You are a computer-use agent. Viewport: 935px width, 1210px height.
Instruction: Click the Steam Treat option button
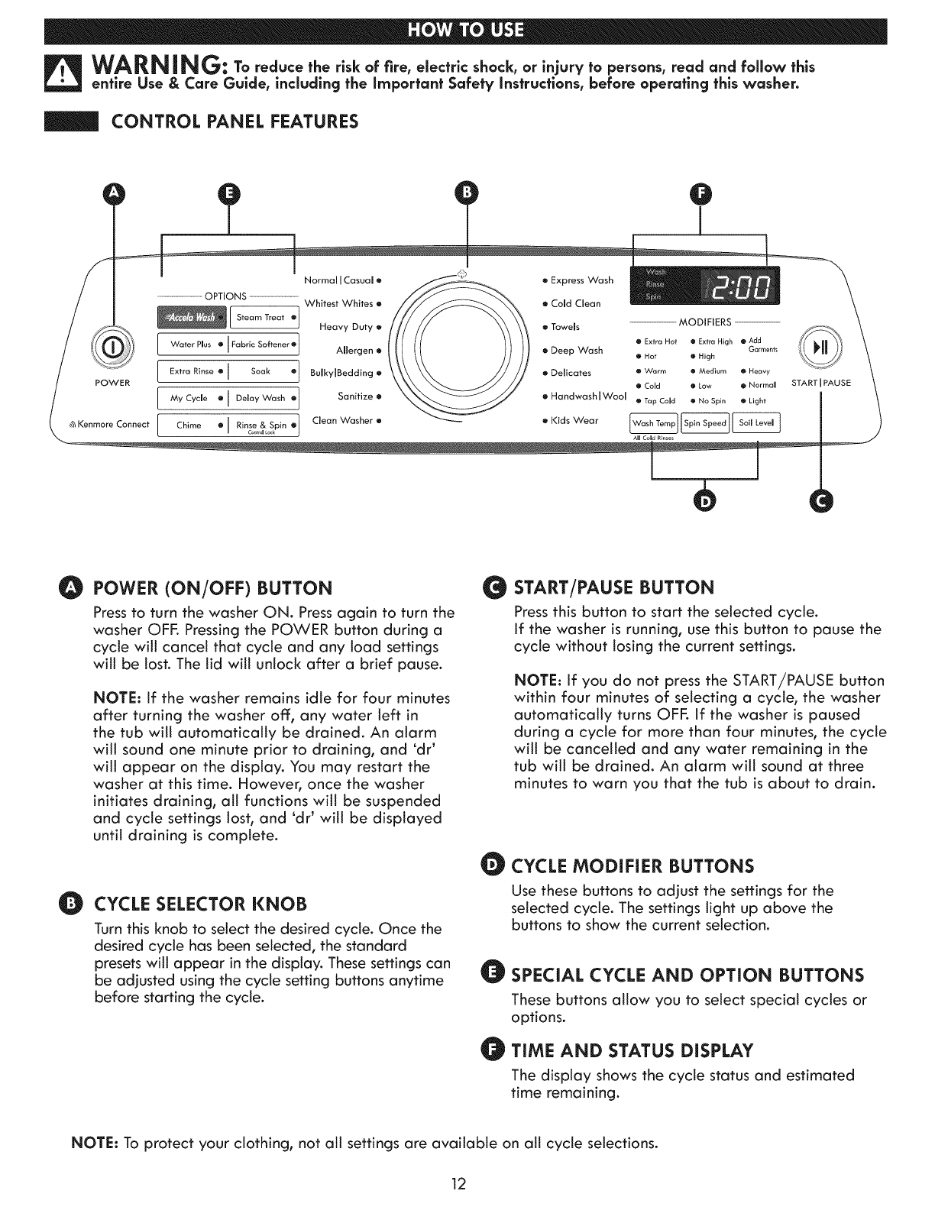(x=264, y=317)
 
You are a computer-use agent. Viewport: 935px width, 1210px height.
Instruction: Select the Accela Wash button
(x=192, y=317)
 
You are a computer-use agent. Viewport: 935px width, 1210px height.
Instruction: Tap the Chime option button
(x=192, y=425)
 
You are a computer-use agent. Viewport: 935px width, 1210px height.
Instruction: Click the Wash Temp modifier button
(x=654, y=423)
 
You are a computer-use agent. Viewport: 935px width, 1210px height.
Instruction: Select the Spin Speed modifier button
(x=704, y=423)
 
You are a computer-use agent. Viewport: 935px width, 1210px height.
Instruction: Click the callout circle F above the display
(x=700, y=196)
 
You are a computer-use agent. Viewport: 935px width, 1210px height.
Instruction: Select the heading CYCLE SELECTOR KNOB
(x=200, y=904)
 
